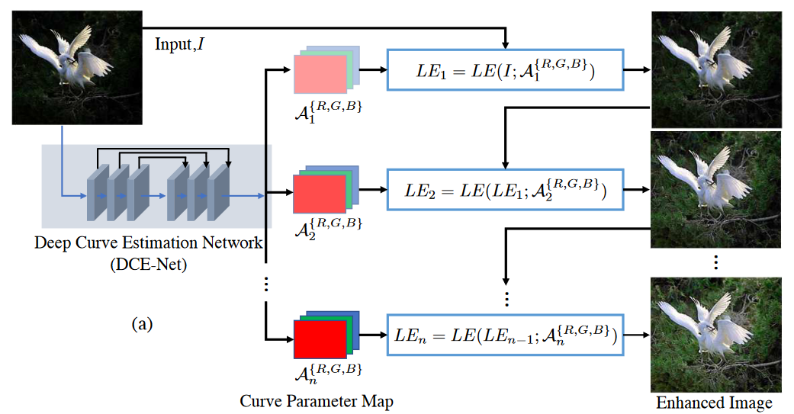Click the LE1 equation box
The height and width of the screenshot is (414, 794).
click(x=506, y=70)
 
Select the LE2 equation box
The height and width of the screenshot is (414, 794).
click(x=506, y=190)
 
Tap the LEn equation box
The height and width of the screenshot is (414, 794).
click(x=506, y=335)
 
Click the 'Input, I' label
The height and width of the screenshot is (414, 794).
click(x=179, y=44)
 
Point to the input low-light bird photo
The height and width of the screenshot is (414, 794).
click(x=77, y=68)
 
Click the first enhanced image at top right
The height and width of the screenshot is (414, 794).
click(x=716, y=70)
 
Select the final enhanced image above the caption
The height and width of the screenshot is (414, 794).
click(x=716, y=335)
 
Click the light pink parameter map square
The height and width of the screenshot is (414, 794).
click(x=320, y=74)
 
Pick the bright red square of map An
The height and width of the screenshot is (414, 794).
click(x=320, y=339)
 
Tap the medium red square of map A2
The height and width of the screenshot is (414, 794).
click(x=320, y=194)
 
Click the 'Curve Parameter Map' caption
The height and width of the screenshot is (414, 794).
click(x=317, y=401)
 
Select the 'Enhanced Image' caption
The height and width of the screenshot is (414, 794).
click(x=714, y=403)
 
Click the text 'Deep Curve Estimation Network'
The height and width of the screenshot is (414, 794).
click(x=149, y=243)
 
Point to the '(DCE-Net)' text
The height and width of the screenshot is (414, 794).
click(x=149, y=265)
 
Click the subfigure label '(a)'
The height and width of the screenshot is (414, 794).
click(x=142, y=324)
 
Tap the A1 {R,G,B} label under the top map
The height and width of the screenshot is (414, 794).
click(x=328, y=111)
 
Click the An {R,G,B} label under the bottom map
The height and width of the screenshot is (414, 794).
click(x=328, y=374)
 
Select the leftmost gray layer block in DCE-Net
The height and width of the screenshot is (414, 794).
click(x=98, y=192)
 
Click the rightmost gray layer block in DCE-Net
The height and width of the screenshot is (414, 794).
click(x=218, y=192)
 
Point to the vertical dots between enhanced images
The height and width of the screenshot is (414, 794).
click(x=715, y=262)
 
